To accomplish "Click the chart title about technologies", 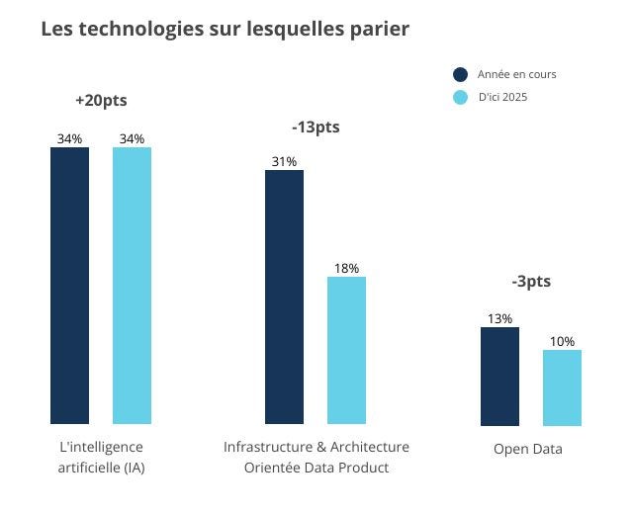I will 225,30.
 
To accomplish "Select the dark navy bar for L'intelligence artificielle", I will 69,286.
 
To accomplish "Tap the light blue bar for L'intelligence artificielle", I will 132,286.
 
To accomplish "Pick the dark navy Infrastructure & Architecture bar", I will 284,297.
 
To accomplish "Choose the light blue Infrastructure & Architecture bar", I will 346,350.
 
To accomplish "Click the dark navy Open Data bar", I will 499,376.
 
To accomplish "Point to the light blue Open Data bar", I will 562,387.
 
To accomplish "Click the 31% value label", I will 284,161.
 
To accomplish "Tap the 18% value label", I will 346,268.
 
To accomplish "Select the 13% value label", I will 499,318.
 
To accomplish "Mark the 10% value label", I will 562,341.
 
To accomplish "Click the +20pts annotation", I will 101,101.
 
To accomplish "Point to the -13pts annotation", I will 316,128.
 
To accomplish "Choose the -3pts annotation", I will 531,282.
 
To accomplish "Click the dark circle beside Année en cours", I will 460,74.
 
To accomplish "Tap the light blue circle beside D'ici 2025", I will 460,97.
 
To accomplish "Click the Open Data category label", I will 528,449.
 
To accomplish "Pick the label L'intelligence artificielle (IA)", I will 101,457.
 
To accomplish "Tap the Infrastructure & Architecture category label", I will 316,457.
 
